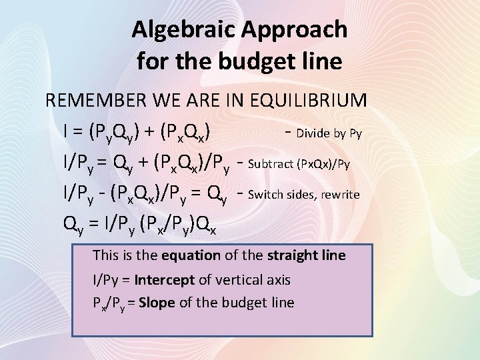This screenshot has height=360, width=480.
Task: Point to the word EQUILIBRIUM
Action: pos(307,101)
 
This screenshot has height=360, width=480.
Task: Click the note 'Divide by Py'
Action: pos(329,133)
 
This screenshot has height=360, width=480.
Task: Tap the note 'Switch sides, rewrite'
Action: pos(303,195)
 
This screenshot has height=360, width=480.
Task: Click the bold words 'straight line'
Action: pos(306,255)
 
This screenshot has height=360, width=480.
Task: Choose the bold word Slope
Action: pos(157,303)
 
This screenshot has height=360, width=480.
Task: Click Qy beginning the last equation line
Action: pos(71,227)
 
